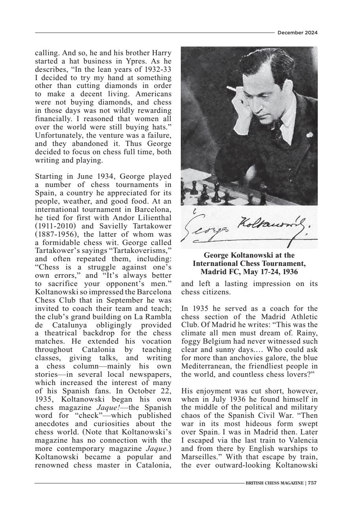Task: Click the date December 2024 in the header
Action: (x=297, y=33)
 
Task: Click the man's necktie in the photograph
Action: (x=278, y=130)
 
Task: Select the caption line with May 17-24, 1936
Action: (x=249, y=272)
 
